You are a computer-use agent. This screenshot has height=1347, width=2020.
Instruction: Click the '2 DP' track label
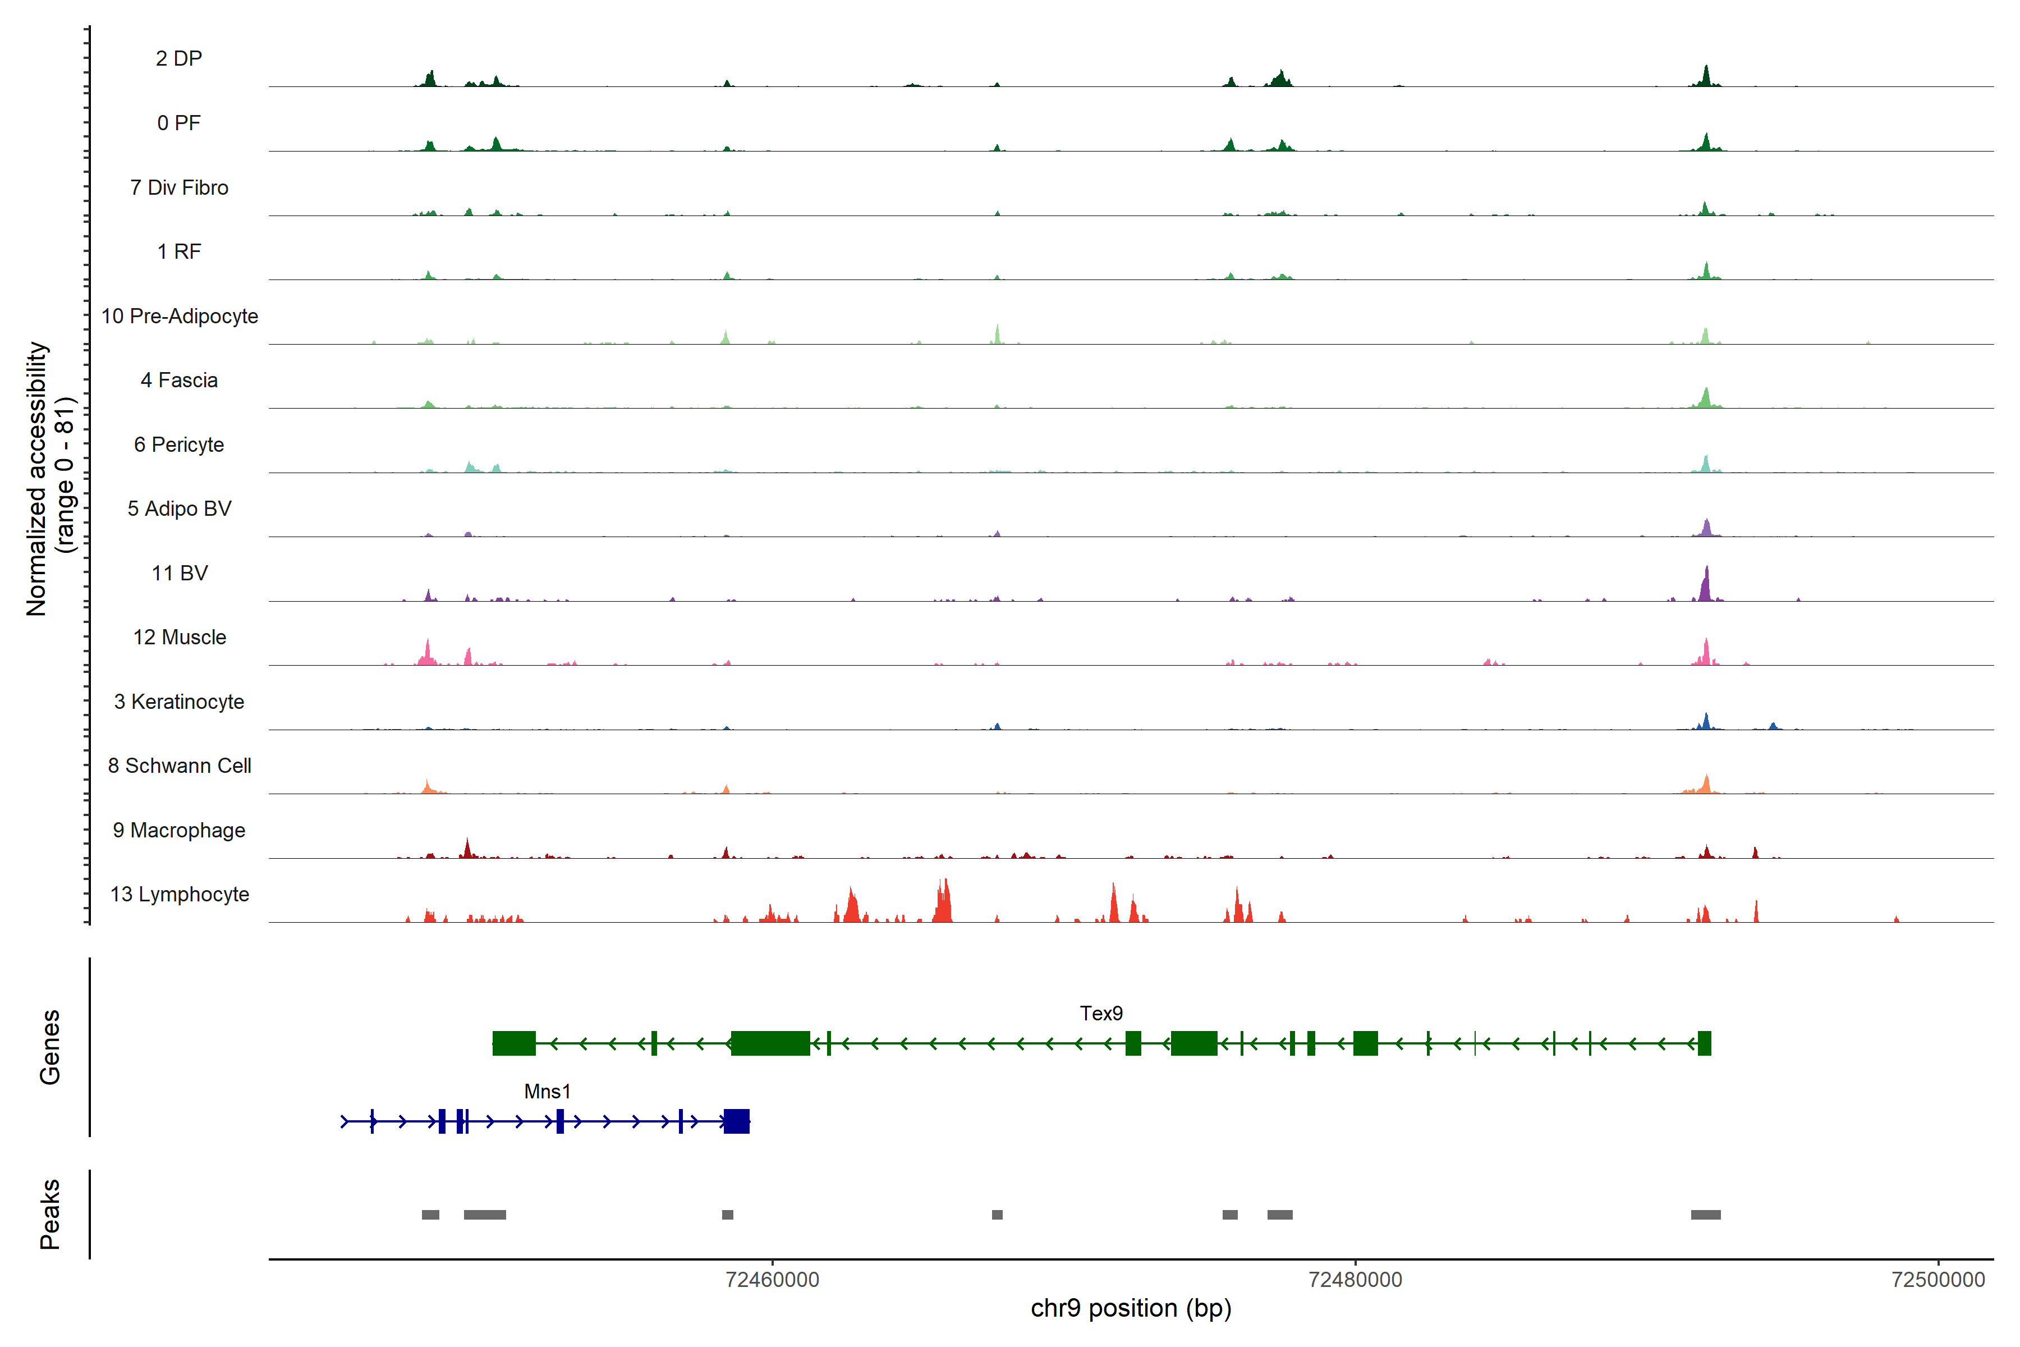tap(178, 58)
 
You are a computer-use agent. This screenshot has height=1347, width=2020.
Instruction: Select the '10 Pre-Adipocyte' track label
tap(180, 316)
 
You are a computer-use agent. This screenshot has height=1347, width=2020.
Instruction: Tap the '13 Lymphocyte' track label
tap(180, 894)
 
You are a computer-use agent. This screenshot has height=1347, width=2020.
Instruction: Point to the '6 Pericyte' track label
tap(178, 444)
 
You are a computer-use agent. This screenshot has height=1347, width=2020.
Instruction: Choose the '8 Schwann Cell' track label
tap(180, 766)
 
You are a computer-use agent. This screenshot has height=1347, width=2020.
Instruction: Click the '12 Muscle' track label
tap(180, 638)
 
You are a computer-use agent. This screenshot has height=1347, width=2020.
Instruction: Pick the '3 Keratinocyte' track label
tap(178, 702)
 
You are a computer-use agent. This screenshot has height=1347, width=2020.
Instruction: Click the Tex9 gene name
tap(1101, 1014)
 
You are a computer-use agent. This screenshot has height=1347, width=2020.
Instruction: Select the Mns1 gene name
tap(547, 1092)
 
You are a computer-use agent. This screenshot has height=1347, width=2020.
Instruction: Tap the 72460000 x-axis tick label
tap(772, 1280)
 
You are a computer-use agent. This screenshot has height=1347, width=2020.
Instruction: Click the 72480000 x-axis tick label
tap(1355, 1280)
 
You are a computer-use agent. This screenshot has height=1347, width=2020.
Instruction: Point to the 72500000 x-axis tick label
tap(1938, 1280)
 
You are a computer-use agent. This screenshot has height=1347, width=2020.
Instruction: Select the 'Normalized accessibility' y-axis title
tap(36, 479)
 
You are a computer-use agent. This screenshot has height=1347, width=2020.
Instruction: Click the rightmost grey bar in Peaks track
tap(1706, 1215)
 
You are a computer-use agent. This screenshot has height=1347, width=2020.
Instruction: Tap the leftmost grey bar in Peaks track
tap(430, 1215)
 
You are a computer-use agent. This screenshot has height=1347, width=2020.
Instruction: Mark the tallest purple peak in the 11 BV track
tap(1706, 584)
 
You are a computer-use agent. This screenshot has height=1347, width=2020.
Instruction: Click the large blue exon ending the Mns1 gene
tap(736, 1121)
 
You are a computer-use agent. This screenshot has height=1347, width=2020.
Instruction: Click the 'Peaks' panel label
tap(50, 1214)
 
